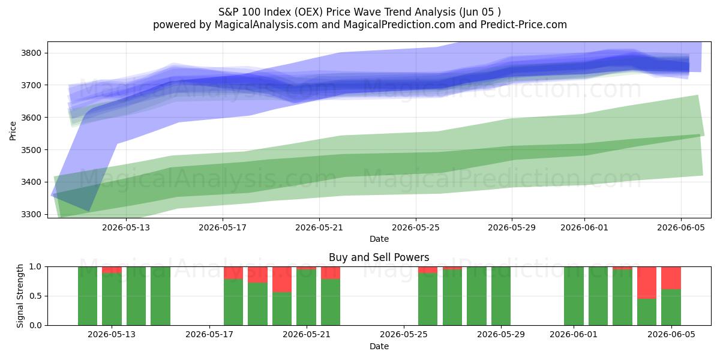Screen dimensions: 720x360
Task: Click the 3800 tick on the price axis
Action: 31,53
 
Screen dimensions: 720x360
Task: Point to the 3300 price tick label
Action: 31,214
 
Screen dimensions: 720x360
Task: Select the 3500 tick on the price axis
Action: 31,150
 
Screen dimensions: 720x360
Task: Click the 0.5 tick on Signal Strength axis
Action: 35,296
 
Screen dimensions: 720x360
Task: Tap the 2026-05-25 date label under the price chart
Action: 416,227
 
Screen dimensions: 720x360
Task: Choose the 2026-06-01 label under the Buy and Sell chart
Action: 574,334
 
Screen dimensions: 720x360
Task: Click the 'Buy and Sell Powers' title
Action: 379,257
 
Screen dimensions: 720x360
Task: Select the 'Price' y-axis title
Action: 13,131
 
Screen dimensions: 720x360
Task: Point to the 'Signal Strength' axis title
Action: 20,296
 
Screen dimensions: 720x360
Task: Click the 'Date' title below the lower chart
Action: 379,346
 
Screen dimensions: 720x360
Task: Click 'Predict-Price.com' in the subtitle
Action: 524,25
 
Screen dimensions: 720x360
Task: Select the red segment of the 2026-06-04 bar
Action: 647,283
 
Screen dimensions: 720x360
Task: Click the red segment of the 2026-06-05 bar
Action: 671,278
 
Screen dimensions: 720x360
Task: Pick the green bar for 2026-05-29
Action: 501,296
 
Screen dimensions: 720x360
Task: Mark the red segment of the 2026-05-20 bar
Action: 282,280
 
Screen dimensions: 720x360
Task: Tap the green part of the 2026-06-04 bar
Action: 647,312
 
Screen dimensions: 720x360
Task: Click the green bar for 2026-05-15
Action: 160,296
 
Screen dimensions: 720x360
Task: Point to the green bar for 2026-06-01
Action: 574,296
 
